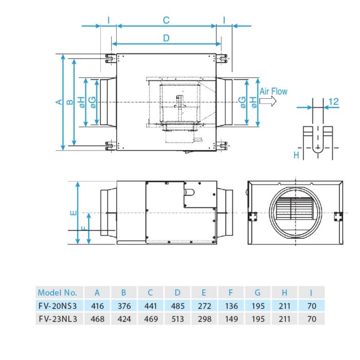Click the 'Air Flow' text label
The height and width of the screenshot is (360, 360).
pos(273,92)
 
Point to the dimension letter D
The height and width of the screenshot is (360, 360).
pos(166,38)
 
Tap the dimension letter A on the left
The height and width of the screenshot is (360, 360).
pos(59,102)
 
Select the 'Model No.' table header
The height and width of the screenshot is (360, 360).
pos(58,293)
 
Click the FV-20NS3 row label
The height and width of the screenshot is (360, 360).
pos(58,306)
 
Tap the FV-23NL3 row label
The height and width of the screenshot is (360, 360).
pos(58,319)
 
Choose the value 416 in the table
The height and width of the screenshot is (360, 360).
pos(97,306)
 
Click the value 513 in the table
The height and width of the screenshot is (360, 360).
pos(177,319)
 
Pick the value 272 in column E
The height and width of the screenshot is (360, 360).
pos(204,306)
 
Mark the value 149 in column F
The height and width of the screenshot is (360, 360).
pos(231,319)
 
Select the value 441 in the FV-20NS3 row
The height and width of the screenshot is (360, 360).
pos(151,306)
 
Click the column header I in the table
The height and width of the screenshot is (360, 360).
pos(311,293)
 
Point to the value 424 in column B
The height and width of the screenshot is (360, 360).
pos(124,319)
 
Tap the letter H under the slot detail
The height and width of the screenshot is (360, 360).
pos(296,154)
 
